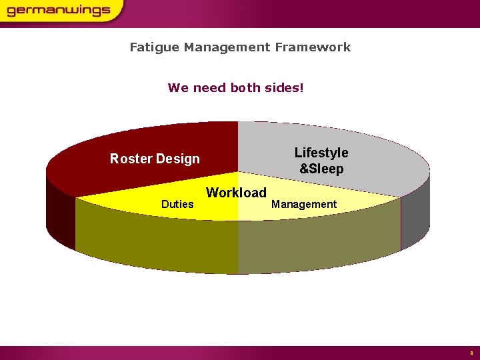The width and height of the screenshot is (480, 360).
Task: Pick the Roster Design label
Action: (155, 159)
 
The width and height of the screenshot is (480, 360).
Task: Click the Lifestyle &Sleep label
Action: (321, 161)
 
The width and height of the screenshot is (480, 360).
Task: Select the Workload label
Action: (236, 193)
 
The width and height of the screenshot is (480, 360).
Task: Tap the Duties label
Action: (177, 204)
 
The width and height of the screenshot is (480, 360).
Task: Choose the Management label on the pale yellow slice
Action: (304, 204)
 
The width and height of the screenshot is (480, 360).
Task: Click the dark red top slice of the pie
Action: (133, 143)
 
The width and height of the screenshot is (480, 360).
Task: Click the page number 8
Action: (471, 352)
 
